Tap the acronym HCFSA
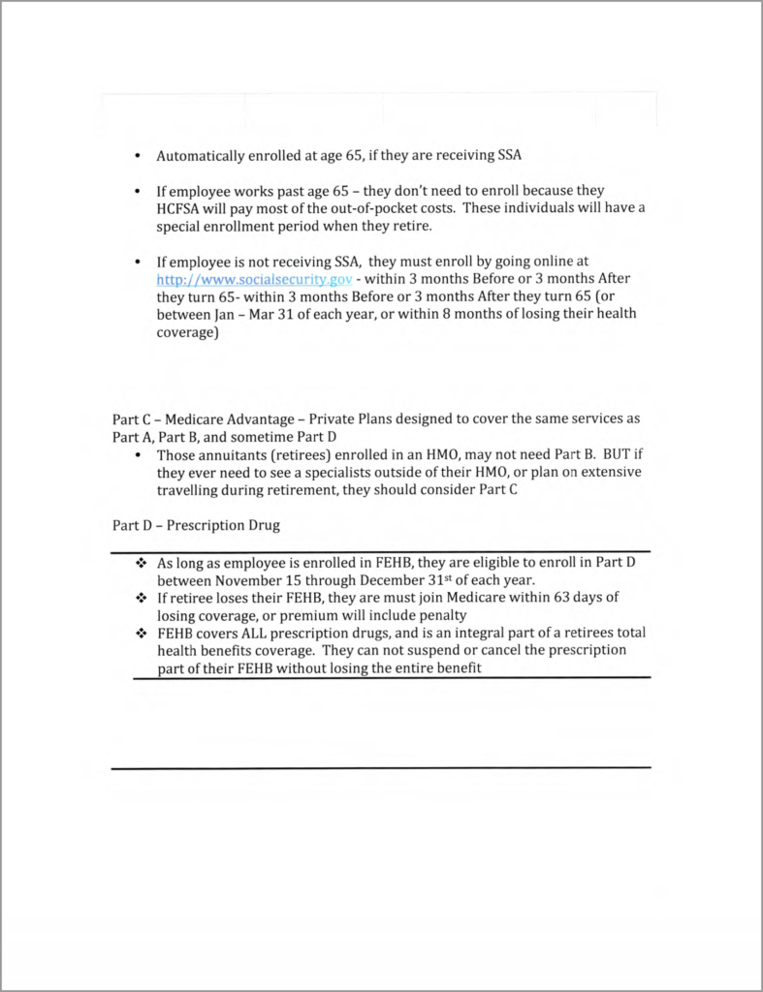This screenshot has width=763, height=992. [x=184, y=209]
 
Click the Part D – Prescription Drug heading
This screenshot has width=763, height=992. [x=197, y=525]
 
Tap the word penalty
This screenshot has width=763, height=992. [x=449, y=615]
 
